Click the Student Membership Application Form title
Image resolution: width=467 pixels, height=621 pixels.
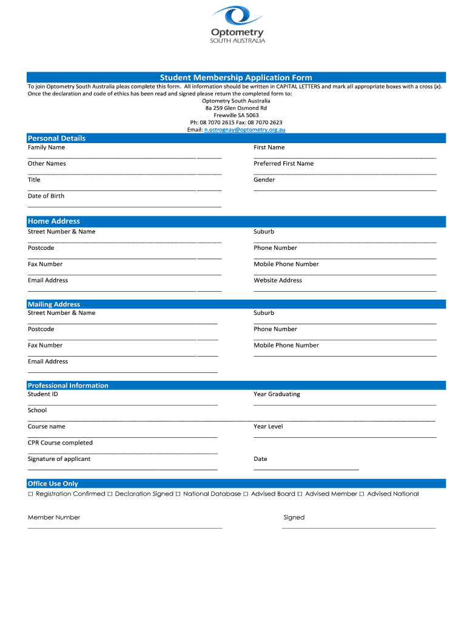[236, 78]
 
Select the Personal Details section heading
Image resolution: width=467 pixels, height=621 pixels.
[56, 138]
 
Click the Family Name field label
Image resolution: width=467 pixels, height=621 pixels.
[46, 147]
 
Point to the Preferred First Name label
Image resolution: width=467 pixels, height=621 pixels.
[283, 164]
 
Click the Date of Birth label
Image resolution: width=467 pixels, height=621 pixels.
[45, 196]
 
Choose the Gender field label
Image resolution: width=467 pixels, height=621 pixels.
[264, 180]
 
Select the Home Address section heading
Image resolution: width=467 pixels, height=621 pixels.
[53, 221]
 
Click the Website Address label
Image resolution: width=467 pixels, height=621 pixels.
[277, 280]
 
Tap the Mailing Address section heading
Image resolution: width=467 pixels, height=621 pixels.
[53, 304]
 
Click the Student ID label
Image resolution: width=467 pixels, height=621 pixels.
[42, 394]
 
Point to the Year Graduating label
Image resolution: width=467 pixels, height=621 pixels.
[277, 394]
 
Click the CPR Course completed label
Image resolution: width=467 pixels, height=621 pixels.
[60, 443]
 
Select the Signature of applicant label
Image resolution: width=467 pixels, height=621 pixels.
[59, 459]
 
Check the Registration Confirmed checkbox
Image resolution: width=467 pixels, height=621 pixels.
[30, 494]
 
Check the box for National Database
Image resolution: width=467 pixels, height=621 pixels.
[178, 494]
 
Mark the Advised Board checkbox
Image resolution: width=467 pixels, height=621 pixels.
[246, 494]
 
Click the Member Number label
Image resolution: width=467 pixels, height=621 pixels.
[53, 517]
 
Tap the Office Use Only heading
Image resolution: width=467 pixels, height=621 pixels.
[53, 484]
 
